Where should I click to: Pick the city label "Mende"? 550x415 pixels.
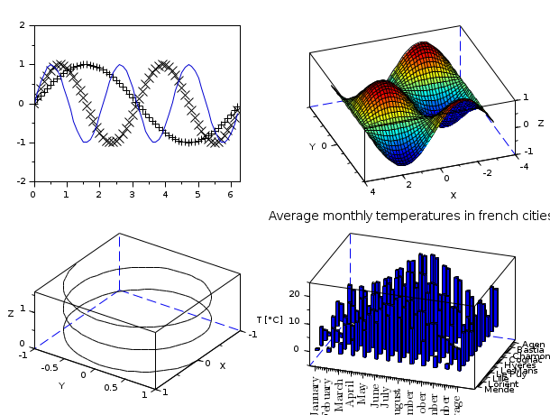(x=500, y=389)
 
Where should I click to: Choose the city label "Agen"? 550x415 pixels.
(x=533, y=345)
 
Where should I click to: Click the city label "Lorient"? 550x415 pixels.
(x=502, y=383)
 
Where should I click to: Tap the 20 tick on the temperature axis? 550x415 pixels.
(x=293, y=295)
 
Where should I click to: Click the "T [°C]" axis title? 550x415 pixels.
(x=270, y=320)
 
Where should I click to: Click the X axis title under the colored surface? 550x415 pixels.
(x=454, y=195)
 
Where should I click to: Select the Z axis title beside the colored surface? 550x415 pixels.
(x=541, y=124)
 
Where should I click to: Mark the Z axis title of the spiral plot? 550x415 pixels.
(x=11, y=314)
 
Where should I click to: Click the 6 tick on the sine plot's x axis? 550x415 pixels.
(x=230, y=194)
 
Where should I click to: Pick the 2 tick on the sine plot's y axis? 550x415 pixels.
(x=22, y=25)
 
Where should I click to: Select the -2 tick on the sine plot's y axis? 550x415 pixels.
(x=20, y=181)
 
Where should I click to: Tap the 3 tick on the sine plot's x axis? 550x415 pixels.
(x=132, y=194)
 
